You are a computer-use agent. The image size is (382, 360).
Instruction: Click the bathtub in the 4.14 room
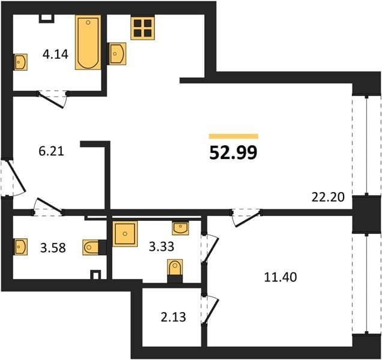pos(88,43)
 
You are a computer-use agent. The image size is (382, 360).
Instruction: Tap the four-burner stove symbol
pos(143,27)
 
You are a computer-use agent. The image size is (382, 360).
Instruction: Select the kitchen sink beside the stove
pos(118,54)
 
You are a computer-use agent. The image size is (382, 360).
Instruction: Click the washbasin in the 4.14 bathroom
pos(20,62)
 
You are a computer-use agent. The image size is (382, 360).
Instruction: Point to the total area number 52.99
pos(233,153)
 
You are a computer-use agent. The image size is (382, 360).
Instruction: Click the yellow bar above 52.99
pos(234,136)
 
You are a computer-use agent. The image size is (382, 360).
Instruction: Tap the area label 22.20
pos(328,197)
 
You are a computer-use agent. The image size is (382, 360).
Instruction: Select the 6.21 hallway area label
pos(51,151)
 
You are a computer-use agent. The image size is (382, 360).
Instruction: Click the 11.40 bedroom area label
pos(280,277)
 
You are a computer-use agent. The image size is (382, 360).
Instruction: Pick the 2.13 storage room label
pos(173,317)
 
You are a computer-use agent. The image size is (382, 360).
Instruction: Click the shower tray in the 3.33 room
pos(125,233)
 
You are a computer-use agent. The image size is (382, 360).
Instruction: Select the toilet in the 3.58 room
pos(91,247)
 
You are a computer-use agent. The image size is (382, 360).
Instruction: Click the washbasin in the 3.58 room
pos(20,247)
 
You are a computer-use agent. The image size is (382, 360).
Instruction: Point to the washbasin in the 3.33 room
pos(180,228)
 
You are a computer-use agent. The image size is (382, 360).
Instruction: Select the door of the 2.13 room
pos(211,310)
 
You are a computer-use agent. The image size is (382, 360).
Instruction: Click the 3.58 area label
pos(53,248)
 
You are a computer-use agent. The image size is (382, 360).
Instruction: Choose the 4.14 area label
pos(55,55)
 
